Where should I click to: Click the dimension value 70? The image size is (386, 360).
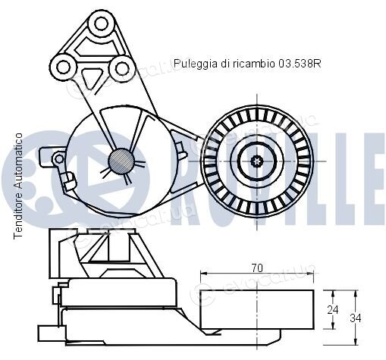[x=257, y=268]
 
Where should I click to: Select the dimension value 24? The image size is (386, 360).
[x=333, y=310]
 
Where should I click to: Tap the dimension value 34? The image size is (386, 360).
[x=356, y=318]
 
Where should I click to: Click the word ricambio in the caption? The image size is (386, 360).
[x=254, y=64]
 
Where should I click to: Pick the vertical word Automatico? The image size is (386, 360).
[x=18, y=161]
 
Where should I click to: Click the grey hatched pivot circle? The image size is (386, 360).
[x=121, y=161]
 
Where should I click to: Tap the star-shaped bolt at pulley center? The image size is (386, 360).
[x=257, y=161]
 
